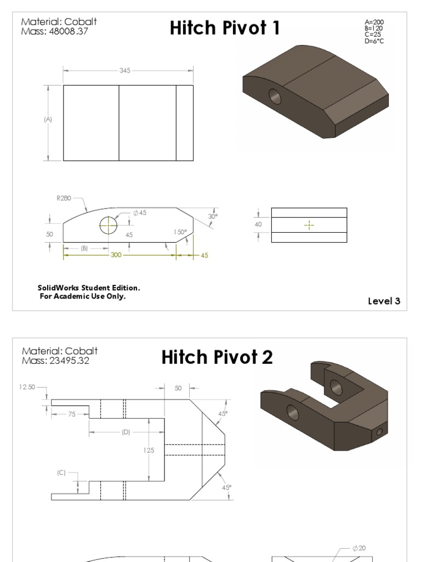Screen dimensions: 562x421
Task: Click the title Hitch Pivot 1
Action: (225, 28)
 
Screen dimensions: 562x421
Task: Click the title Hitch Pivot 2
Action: (217, 357)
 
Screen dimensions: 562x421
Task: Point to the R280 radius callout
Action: (64, 199)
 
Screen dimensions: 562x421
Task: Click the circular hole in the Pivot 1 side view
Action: (109, 225)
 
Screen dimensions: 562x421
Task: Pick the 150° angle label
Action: (180, 232)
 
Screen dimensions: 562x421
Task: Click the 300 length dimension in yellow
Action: (116, 255)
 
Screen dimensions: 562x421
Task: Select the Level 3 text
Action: (384, 301)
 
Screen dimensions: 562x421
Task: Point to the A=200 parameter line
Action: (374, 23)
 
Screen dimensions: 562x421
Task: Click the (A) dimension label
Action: (48, 119)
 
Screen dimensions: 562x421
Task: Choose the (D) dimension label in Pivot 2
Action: (126, 432)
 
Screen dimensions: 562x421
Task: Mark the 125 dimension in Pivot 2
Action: (149, 450)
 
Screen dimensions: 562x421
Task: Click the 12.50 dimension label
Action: (27, 387)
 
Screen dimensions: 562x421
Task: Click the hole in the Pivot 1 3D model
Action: (275, 97)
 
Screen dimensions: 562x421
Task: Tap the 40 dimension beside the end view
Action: (258, 224)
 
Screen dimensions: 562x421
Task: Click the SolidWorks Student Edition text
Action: (89, 288)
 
